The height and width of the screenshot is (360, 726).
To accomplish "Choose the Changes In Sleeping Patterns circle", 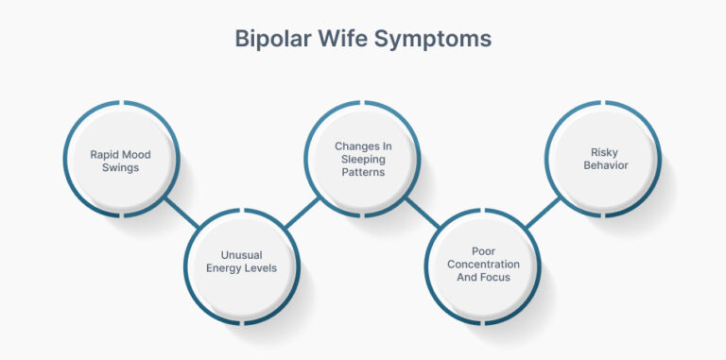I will tap(363, 159).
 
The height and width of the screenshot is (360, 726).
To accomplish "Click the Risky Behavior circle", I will tap(605, 158).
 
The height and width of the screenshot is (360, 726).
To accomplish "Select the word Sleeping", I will tap(363, 160).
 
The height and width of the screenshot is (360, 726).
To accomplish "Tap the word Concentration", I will tap(484, 265).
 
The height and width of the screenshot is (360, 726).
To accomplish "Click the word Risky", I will tap(605, 151).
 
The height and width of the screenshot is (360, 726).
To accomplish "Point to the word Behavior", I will tap(605, 165).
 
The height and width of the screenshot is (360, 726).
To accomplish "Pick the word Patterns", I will tap(363, 172).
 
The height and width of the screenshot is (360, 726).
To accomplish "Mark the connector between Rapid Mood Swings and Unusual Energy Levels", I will tap(181, 213).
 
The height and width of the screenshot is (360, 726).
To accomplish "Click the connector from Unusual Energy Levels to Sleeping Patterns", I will tap(302, 213).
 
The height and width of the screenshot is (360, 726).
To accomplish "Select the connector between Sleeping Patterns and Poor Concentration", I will tap(423, 213).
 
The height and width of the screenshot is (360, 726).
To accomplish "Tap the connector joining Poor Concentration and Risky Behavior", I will tap(544, 213).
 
